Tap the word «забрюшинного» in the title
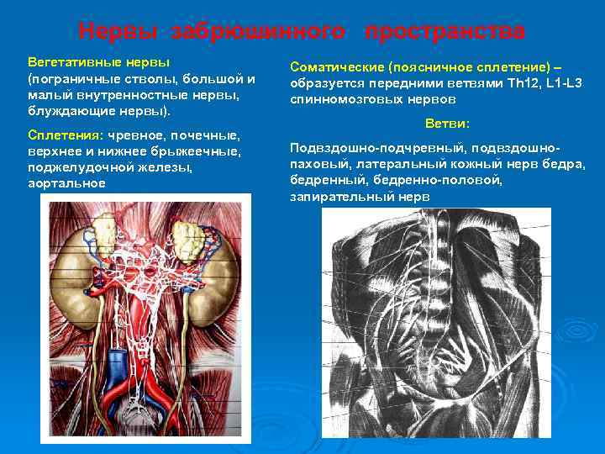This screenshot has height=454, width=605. tap(257, 32)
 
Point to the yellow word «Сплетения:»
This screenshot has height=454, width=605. tap(66, 136)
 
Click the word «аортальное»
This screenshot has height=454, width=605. tap(67, 182)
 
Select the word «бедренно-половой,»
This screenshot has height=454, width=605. tap(457, 180)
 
